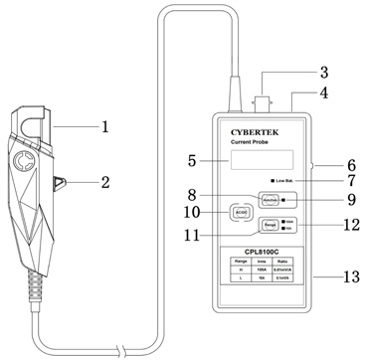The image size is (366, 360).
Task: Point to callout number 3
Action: [322, 72]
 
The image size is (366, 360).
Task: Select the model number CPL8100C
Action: [260, 252]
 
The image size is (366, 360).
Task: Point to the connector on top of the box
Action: [267, 99]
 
